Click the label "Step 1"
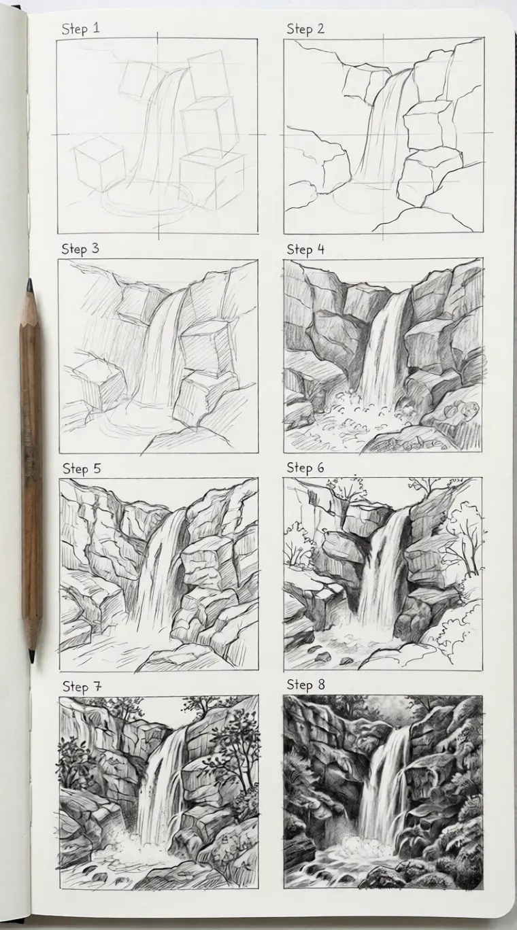(80, 29)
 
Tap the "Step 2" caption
(305, 29)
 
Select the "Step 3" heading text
(80, 248)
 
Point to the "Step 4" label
(305, 249)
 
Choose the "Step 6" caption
(305, 468)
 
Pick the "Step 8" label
(305, 685)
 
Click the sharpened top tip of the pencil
(29, 283)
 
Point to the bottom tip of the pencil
(31, 657)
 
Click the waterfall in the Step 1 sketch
(162, 129)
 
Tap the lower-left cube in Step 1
(99, 163)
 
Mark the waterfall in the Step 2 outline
(386, 129)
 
